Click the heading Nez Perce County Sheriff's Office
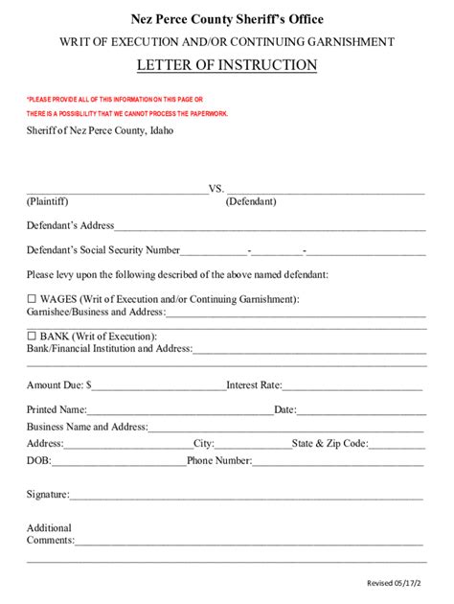(x=227, y=19)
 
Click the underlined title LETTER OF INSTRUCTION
(x=227, y=65)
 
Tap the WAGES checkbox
(x=32, y=298)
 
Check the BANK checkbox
(x=32, y=336)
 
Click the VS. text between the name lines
(x=216, y=188)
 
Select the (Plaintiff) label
(x=47, y=201)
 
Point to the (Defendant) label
(x=251, y=201)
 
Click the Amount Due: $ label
(x=59, y=385)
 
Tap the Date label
(x=284, y=409)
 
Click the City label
(x=204, y=444)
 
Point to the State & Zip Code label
(x=329, y=444)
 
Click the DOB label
(x=38, y=461)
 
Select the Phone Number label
(x=219, y=461)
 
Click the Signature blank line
(x=246, y=496)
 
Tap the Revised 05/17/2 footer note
(x=399, y=583)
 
